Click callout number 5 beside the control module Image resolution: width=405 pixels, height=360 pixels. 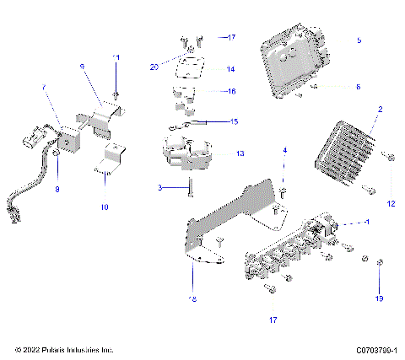[359, 40]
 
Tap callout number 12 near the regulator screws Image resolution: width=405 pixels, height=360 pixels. [390, 203]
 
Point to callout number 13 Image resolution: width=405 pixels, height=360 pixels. [240, 154]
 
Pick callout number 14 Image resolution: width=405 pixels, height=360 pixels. [229, 69]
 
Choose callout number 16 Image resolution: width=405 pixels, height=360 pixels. [229, 91]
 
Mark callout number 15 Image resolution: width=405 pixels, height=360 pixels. [234, 121]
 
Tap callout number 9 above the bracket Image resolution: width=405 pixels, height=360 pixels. [82, 65]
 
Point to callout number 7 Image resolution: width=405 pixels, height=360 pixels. [44, 88]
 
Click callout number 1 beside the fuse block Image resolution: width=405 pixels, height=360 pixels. [366, 221]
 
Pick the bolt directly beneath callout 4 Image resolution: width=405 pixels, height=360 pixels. [283, 191]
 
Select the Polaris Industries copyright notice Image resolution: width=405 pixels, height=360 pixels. [64, 350]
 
